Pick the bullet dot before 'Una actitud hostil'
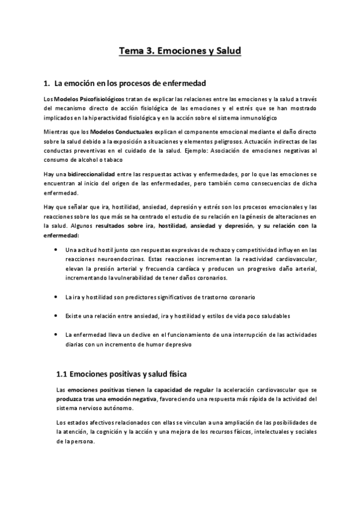click(56, 249)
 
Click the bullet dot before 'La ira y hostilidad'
click(56, 297)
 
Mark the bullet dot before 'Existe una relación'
click(56, 316)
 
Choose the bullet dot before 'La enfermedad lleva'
click(56, 334)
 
